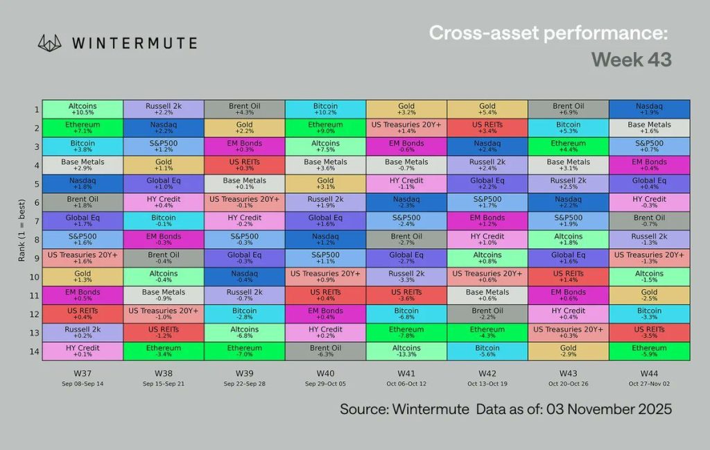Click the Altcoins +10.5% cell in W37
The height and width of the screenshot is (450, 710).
83,110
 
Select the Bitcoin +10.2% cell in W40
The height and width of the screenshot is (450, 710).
325,110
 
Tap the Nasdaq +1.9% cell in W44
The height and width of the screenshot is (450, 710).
649,110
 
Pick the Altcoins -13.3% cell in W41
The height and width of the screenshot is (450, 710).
406,352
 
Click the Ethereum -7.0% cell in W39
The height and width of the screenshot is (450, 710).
245,352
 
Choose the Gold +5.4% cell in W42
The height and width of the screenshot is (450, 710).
487,110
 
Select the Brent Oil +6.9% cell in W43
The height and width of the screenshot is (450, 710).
568,110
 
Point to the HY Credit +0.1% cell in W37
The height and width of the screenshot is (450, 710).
83,352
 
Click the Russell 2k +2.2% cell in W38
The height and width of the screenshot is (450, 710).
164,110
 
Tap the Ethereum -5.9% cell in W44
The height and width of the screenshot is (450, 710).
649,352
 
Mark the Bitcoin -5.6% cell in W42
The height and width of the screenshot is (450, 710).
487,352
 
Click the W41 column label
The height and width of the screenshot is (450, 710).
406,373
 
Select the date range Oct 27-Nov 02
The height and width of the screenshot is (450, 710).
649,383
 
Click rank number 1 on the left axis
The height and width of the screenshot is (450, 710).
35,110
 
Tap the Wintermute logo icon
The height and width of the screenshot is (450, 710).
51,42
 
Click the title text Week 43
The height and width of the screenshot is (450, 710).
631,60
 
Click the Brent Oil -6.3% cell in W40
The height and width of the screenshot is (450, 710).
325,352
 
